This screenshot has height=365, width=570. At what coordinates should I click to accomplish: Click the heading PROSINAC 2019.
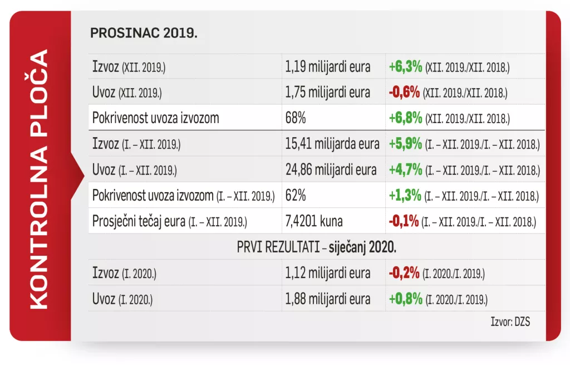[144, 33]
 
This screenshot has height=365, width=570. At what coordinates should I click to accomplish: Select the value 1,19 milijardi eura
[327, 67]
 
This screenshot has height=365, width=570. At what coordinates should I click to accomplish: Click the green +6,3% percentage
[405, 67]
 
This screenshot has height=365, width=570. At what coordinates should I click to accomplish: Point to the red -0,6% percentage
[404, 93]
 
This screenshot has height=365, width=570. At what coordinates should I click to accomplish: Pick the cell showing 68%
[295, 118]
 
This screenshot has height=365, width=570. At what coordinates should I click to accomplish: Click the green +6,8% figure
[405, 118]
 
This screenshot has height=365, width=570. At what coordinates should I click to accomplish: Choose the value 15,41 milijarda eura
[332, 144]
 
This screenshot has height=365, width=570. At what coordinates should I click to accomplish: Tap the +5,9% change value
[405, 144]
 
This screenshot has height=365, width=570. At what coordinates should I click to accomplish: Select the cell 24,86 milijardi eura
[332, 169]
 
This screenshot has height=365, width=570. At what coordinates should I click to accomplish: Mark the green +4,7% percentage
[405, 169]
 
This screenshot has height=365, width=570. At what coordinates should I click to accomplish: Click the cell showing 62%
[295, 196]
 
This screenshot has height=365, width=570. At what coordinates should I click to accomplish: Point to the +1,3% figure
[404, 196]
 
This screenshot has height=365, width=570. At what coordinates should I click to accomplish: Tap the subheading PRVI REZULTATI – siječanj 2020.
[316, 246]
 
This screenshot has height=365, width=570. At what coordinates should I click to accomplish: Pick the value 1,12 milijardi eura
[327, 273]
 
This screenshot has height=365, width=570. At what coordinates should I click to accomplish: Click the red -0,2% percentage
[404, 273]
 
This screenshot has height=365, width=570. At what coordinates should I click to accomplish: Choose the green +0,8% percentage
[405, 299]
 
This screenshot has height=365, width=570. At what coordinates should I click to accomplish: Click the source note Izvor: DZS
[510, 322]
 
